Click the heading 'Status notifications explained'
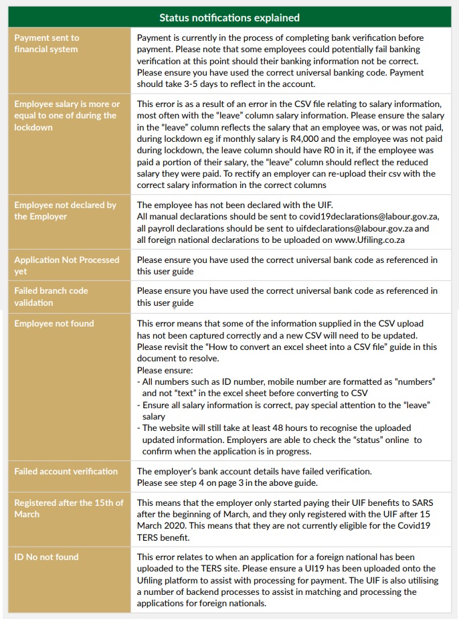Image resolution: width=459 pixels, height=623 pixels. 229,17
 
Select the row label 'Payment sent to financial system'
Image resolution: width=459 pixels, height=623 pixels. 47,43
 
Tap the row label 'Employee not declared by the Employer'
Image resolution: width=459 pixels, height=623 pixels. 65,211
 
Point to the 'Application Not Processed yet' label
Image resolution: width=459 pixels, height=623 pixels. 66,265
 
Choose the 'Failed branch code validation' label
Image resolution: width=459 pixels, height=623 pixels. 51,296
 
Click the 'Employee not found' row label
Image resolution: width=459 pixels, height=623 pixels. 54,324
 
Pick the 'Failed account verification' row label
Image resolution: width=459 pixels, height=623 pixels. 66,472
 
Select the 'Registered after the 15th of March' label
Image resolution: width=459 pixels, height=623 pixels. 68,509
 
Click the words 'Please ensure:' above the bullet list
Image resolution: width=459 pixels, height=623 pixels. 164,370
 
